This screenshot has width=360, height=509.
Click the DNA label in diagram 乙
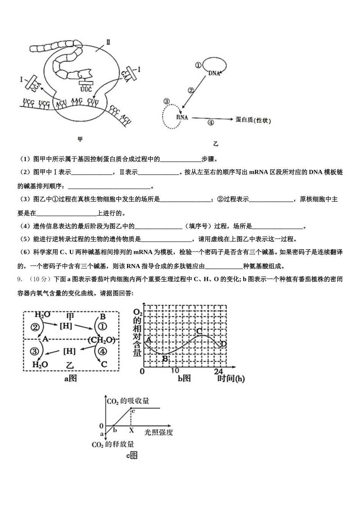(214, 73)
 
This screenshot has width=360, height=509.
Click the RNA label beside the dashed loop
(182, 117)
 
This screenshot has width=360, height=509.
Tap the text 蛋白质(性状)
(253, 120)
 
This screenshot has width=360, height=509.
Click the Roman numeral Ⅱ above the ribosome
(108, 42)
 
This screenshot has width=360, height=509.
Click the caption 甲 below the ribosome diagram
(80, 139)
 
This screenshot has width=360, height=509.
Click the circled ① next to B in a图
(102, 327)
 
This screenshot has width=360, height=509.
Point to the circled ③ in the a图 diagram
(35, 351)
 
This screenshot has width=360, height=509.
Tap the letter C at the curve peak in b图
(199, 331)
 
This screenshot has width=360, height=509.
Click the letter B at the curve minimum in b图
(165, 358)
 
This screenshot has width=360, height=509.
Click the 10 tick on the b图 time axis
(175, 371)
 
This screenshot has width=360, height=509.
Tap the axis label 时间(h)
(230, 378)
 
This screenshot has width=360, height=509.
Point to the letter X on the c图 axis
(131, 430)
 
